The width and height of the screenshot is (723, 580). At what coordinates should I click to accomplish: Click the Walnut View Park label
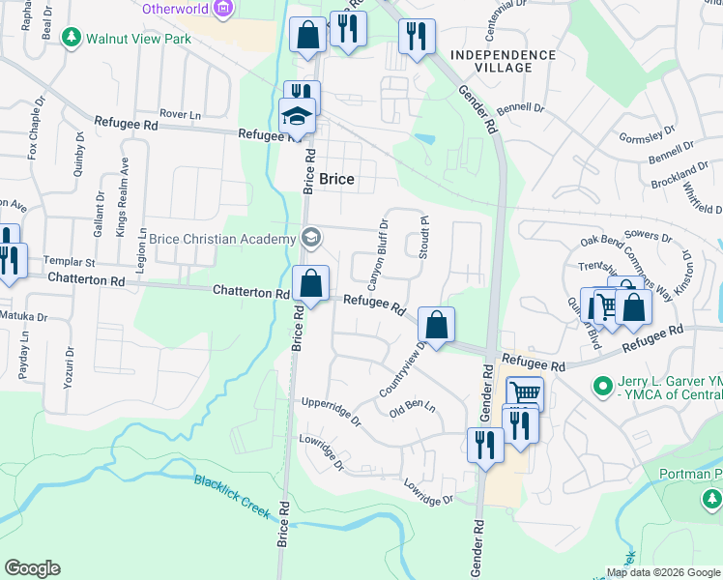(138, 39)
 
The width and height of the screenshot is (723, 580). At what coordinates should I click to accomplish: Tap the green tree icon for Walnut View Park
(71, 38)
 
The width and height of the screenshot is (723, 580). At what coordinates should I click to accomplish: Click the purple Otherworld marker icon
(224, 10)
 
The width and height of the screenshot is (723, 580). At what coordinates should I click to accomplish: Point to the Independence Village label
(503, 61)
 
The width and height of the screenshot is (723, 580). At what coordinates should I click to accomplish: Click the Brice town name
(336, 179)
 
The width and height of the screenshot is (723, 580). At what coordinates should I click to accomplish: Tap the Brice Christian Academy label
(221, 239)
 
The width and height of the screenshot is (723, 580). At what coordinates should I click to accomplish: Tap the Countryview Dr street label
(404, 368)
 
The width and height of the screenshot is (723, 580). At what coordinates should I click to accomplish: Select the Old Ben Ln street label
(413, 407)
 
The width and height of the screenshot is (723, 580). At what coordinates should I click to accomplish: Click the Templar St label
(70, 262)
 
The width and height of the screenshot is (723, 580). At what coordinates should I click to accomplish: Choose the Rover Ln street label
(180, 114)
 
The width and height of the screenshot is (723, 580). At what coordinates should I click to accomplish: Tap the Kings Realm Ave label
(122, 208)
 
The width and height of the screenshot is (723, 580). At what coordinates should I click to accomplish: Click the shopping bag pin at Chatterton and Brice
(310, 284)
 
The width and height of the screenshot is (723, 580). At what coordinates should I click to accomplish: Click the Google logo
(32, 568)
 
